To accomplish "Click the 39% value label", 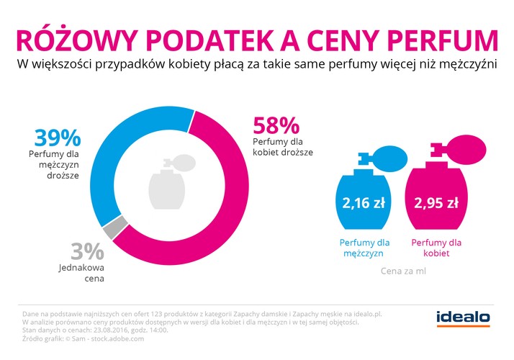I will pyautogui.click(x=56, y=138).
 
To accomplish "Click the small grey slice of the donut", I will pyautogui.click(x=109, y=230).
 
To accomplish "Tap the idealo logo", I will pyautogui.click(x=463, y=317).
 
